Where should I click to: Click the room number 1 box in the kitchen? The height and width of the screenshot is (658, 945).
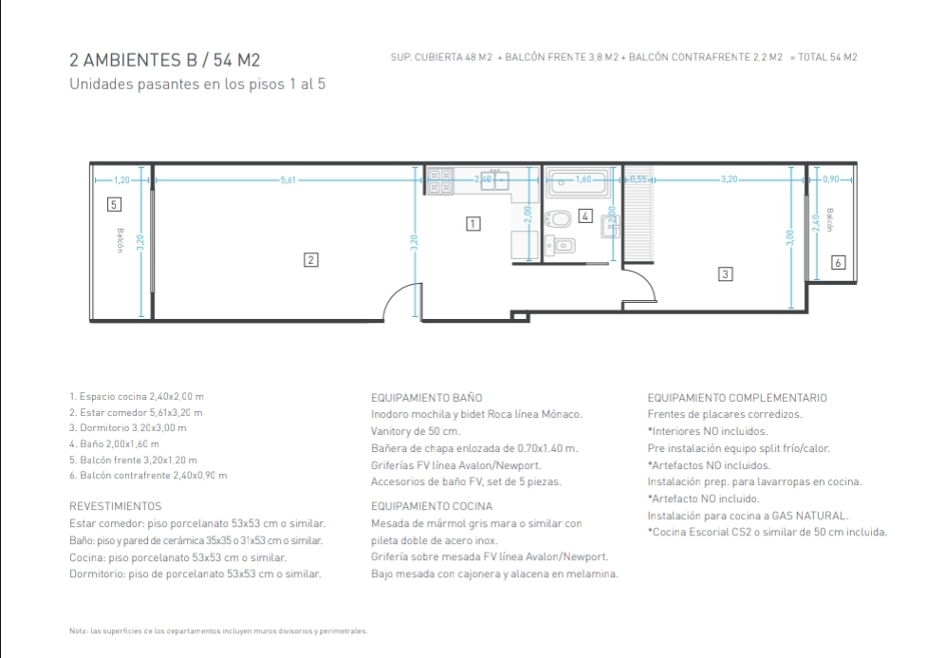point(473,224)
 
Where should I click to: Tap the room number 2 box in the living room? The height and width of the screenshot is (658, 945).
point(310,260)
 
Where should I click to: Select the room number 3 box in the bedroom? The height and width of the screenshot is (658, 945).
point(725,273)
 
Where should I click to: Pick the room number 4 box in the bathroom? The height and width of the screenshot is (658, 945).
point(585,216)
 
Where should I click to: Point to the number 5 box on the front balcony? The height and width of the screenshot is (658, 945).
point(114,204)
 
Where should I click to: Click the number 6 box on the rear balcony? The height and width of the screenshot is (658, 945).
point(838,262)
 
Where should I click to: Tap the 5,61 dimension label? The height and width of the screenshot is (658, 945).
point(288,179)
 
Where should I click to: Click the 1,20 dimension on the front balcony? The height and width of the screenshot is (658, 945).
point(121,179)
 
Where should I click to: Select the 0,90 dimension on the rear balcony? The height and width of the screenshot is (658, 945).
point(830,179)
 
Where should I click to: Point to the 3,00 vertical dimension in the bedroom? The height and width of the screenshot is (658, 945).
point(790,237)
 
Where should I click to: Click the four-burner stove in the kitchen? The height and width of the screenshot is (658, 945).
point(440,181)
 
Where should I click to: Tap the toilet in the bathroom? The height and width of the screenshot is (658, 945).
point(558,219)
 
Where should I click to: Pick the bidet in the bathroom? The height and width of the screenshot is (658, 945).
point(560,246)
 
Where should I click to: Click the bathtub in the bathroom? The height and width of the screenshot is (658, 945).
point(579,181)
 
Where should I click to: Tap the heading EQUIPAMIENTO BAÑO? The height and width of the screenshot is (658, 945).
point(427,398)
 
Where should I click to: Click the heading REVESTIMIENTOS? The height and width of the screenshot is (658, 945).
point(116,506)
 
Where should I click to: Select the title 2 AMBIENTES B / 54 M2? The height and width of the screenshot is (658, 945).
point(164,61)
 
